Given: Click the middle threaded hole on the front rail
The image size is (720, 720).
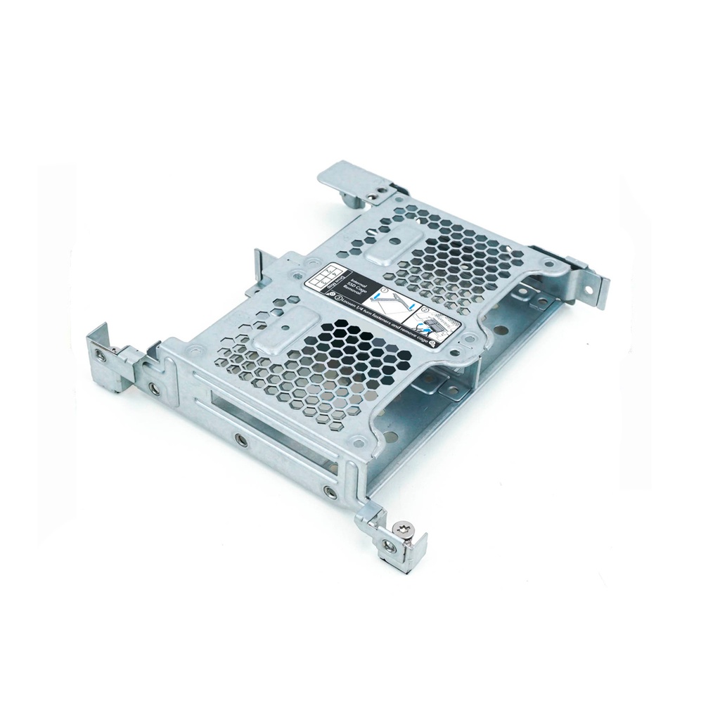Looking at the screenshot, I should coord(241,440).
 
